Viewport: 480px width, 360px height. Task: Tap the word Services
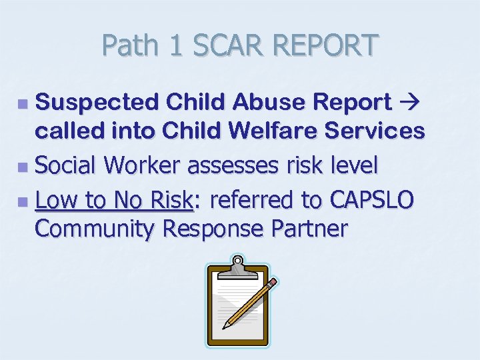(x=379, y=131)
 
